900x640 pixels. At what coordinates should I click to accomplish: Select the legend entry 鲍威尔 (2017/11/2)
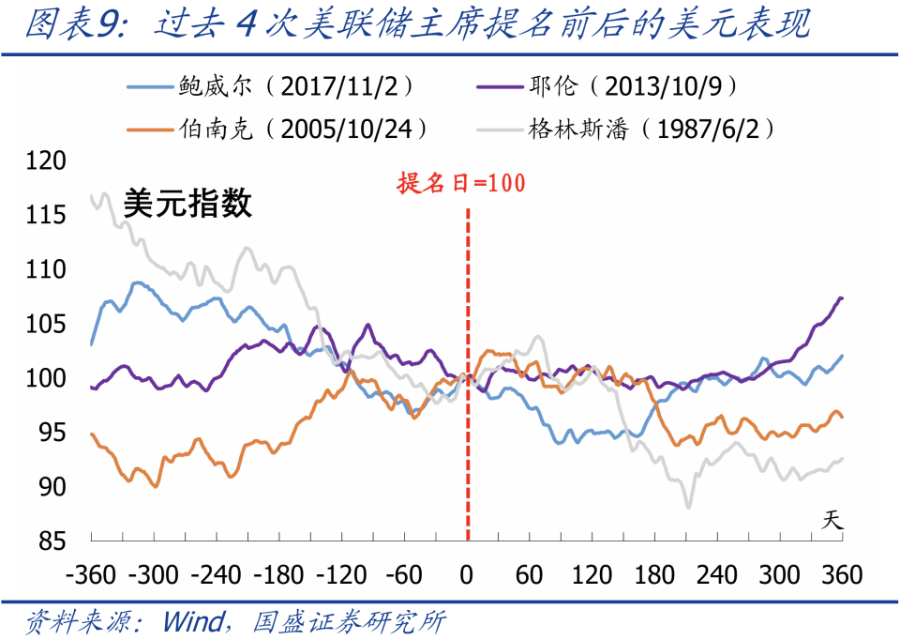(272, 86)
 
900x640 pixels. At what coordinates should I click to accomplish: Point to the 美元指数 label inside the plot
(187, 203)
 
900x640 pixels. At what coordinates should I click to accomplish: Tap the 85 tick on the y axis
(52, 541)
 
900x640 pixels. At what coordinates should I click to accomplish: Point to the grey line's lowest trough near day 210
(688, 507)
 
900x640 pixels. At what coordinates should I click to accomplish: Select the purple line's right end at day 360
(841, 298)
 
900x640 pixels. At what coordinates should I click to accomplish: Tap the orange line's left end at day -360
(92, 434)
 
